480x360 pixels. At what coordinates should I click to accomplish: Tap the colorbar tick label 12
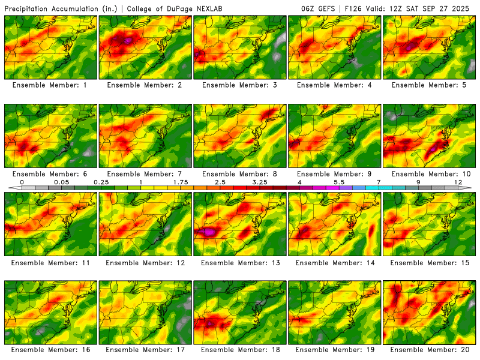pyautogui.click(x=458, y=181)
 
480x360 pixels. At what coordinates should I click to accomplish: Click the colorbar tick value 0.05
pyautogui.click(x=61, y=181)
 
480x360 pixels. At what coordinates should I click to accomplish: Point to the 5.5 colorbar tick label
pyautogui.click(x=338, y=181)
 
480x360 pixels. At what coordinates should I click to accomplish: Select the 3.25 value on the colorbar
pyautogui.click(x=260, y=181)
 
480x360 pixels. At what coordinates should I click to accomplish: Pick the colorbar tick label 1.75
pyautogui.click(x=181, y=181)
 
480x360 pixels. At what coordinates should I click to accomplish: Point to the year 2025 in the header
pyautogui.click(x=464, y=8)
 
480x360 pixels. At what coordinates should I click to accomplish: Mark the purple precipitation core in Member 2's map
pyautogui.click(x=128, y=40)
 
